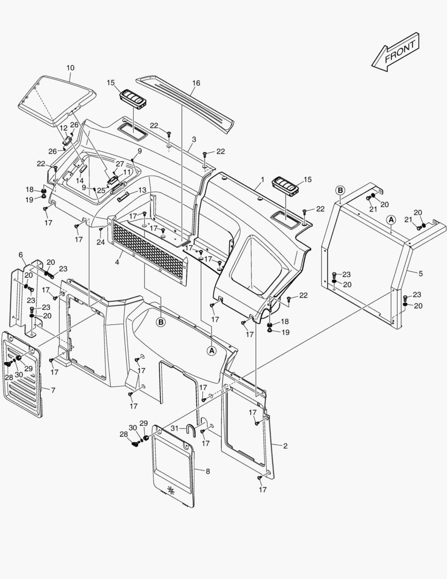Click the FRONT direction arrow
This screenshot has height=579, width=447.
396,52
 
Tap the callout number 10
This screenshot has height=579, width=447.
70,68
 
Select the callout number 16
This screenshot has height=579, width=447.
196,83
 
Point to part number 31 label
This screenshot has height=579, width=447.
175,428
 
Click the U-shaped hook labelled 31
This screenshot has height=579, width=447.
190,429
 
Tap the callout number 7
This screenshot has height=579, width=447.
52,390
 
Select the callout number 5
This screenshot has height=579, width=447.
420,273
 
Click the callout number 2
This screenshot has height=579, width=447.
285,446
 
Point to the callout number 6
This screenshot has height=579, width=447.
21,254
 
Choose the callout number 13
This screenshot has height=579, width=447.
142,190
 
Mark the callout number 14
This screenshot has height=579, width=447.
80,181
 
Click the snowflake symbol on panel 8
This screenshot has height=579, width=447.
172,489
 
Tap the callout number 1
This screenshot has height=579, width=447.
262,177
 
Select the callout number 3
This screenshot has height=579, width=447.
194,139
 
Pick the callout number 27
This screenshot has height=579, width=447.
120,164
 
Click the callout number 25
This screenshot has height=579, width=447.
101,190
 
